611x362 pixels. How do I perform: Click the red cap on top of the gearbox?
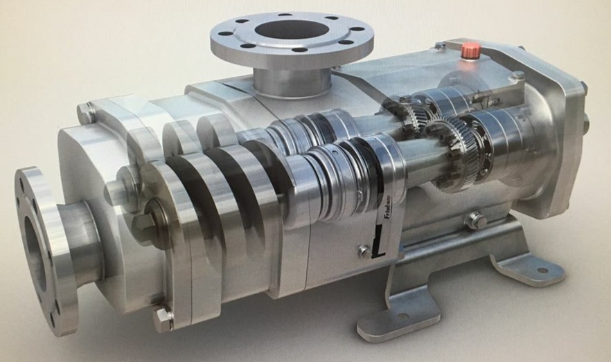pos(472,49)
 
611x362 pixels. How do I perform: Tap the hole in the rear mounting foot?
pos(541,270)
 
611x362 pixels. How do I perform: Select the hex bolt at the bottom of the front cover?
pos(162,319)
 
